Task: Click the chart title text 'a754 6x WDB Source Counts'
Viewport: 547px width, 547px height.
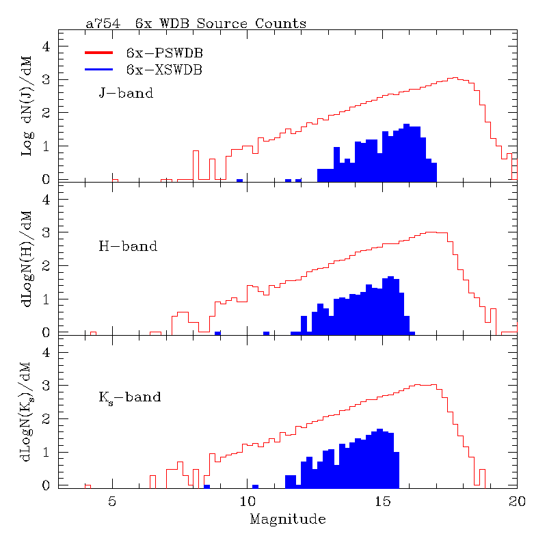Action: click(196, 24)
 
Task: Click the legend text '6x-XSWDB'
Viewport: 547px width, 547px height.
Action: click(165, 69)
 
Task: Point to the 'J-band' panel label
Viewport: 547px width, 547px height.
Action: click(126, 93)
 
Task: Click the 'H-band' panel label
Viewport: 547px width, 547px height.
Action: click(129, 246)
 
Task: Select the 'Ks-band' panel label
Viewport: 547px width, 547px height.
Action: click(130, 397)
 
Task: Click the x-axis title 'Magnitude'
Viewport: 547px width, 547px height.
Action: click(287, 520)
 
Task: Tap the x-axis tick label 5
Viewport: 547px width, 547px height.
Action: click(113, 501)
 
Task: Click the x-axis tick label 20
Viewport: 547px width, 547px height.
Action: click(517, 501)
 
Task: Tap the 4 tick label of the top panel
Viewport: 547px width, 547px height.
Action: click(46, 46)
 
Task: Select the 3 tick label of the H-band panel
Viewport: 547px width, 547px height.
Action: click(46, 232)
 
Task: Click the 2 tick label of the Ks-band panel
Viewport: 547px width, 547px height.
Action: click(46, 419)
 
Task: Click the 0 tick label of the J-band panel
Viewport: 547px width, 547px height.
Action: click(46, 179)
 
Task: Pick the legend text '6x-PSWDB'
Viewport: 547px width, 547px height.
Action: click(165, 53)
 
